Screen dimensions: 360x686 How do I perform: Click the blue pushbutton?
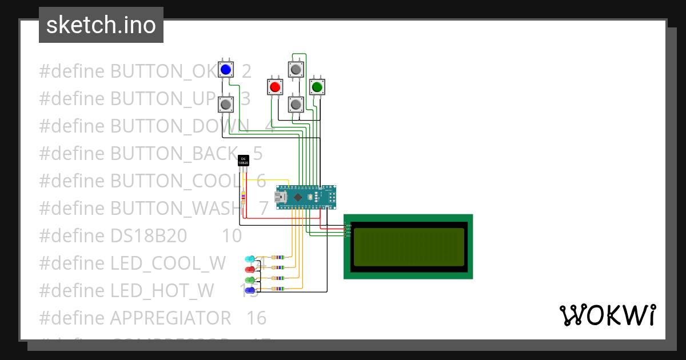(x=226, y=70)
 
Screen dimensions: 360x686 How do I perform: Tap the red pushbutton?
(x=275, y=87)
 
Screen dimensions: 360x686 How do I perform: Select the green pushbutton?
(x=317, y=87)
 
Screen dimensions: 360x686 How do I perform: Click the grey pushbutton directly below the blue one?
(x=226, y=105)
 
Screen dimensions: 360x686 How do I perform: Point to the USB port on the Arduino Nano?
(x=281, y=197)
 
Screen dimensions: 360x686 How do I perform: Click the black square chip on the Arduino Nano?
(x=298, y=197)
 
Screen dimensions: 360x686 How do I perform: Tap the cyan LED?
(x=250, y=259)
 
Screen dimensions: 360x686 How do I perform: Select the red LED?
(x=250, y=269)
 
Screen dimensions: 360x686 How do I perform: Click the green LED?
(x=250, y=280)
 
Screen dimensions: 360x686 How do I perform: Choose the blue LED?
(x=250, y=290)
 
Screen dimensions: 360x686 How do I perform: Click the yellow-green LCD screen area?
(x=409, y=247)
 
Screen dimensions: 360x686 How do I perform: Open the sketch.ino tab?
(x=101, y=25)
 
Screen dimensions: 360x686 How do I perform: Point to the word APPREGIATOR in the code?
(x=170, y=318)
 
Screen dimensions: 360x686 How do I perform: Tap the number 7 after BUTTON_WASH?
(x=263, y=209)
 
